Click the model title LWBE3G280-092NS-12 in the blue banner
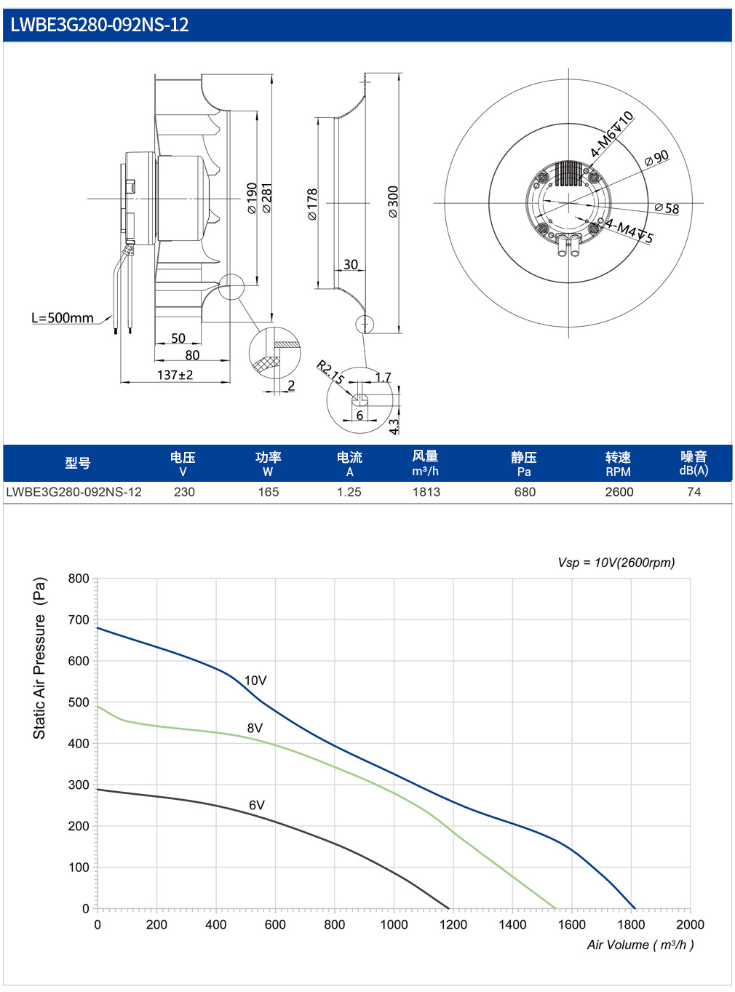click(x=99, y=25)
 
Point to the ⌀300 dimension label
click(x=393, y=202)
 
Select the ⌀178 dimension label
click(x=312, y=205)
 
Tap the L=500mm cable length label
click(x=63, y=318)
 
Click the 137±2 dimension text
click(x=175, y=375)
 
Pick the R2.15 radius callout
click(x=330, y=373)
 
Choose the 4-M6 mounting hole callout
click(x=611, y=134)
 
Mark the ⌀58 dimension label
click(x=667, y=208)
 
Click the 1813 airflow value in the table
click(x=426, y=492)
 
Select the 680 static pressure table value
click(x=524, y=492)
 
